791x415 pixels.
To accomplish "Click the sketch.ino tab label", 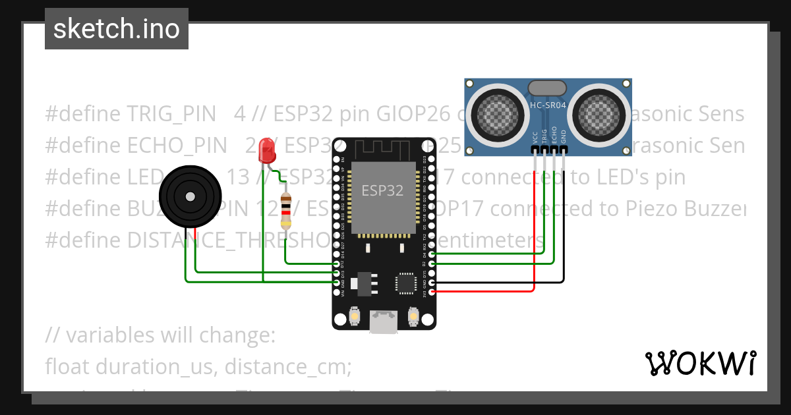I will (116, 29).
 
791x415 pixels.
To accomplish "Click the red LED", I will (267, 151).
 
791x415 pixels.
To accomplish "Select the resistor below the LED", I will (285, 209).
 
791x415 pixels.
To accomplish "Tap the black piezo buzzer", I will (189, 196).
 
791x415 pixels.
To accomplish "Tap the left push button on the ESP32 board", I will (355, 316).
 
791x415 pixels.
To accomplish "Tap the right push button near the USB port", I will (414, 316).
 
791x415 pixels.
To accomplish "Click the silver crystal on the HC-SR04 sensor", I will (547, 86).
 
